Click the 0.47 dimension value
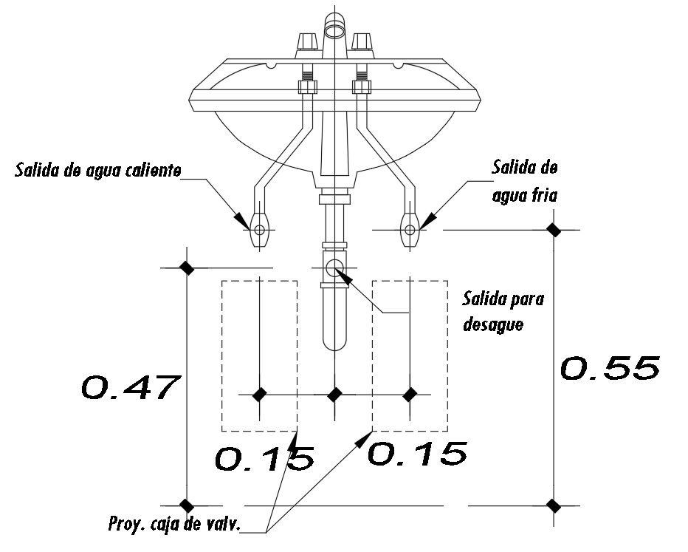tap(130, 386)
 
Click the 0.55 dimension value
tap(610, 368)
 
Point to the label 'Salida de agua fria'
tap(524, 182)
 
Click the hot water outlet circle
tap(260, 230)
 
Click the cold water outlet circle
tap(410, 230)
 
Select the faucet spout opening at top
tap(337, 28)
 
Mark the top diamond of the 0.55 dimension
tap(552, 230)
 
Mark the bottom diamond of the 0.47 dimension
tap(186, 505)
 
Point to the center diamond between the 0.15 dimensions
tap(334, 395)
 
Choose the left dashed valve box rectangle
tap(260, 355)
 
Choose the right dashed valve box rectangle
tap(410, 355)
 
